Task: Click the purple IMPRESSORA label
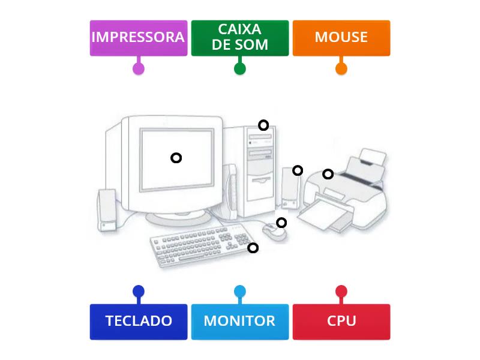coord(138,38)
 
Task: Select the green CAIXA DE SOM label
coord(239,38)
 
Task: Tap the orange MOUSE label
coord(341,38)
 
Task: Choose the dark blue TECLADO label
coord(138,322)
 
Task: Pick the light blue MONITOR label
coord(239,322)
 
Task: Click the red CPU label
coord(341,322)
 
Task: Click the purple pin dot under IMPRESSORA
coord(139,68)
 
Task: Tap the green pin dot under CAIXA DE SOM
coord(239,68)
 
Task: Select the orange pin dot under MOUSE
coord(341,68)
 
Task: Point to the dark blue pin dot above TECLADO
coord(139,292)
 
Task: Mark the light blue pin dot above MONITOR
coord(239,292)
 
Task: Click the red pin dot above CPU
coord(341,292)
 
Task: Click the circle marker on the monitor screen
coord(176,158)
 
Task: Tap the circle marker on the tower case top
coord(263,125)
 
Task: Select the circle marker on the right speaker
coord(298,170)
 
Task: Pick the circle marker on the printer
coord(328,174)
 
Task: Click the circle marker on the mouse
coord(281,223)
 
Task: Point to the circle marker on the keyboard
coord(253,247)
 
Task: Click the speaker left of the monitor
coord(107,210)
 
